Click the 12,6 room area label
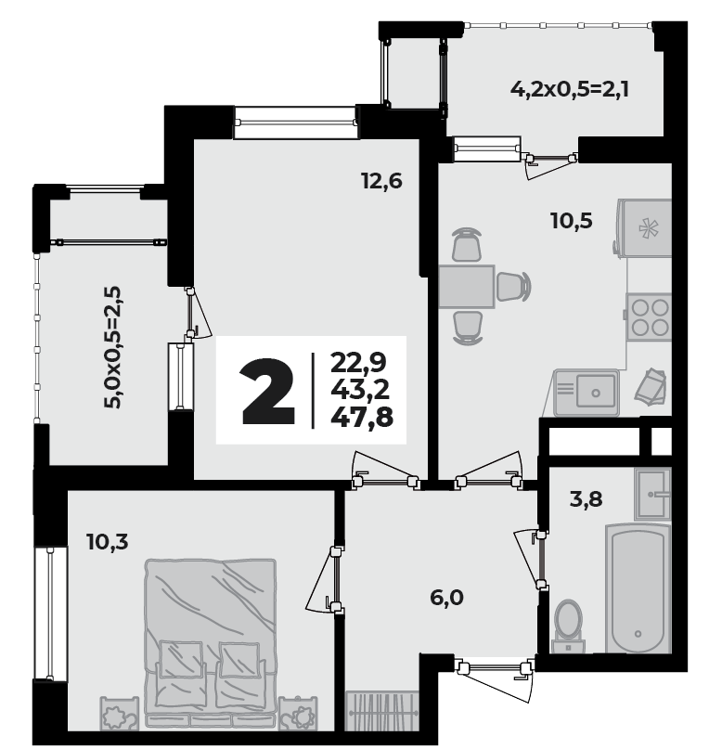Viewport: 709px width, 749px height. [381, 182]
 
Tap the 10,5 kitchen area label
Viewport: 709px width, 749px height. [572, 221]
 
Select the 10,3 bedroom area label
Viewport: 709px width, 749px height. [108, 542]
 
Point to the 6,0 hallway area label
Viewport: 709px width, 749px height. [446, 598]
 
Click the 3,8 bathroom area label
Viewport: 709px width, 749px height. [587, 499]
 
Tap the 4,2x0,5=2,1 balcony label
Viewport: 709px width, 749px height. [570, 89]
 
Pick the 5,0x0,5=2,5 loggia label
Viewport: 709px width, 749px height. [113, 347]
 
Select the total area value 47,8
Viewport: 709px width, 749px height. [362, 418]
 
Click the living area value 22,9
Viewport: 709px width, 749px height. [359, 363]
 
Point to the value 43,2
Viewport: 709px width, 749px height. [360, 390]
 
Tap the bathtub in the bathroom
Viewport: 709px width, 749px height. [638, 588]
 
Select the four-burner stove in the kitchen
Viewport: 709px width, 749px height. [649, 316]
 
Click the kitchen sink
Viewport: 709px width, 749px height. [587, 393]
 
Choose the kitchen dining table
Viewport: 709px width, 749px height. [467, 287]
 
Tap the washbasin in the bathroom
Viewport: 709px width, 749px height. [652, 495]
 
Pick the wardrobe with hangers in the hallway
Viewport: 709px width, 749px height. [381, 711]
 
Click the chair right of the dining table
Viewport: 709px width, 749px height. [513, 287]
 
